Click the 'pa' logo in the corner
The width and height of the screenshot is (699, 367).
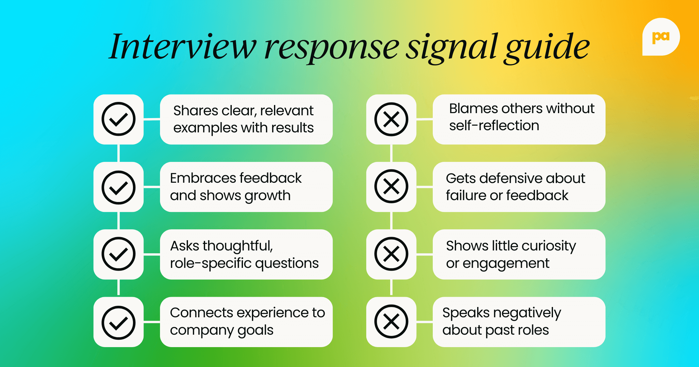pyautogui.click(x=661, y=37)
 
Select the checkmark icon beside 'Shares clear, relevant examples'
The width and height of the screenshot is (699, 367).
pyautogui.click(x=118, y=119)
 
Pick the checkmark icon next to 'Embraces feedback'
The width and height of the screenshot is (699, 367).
pyautogui.click(x=118, y=187)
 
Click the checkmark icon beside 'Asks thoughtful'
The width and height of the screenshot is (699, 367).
pyautogui.click(x=118, y=254)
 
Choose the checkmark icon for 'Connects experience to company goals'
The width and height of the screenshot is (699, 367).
pyautogui.click(x=118, y=323)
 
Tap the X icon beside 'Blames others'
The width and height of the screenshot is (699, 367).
pyautogui.click(x=391, y=119)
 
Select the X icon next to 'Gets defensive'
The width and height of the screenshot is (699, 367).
pyautogui.click(x=391, y=186)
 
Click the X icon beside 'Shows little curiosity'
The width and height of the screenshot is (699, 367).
pyautogui.click(x=391, y=254)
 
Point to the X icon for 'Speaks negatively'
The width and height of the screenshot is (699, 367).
pyautogui.click(x=391, y=321)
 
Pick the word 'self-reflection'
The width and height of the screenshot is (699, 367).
pyautogui.click(x=494, y=126)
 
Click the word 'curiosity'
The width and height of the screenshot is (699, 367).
pyautogui.click(x=549, y=246)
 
